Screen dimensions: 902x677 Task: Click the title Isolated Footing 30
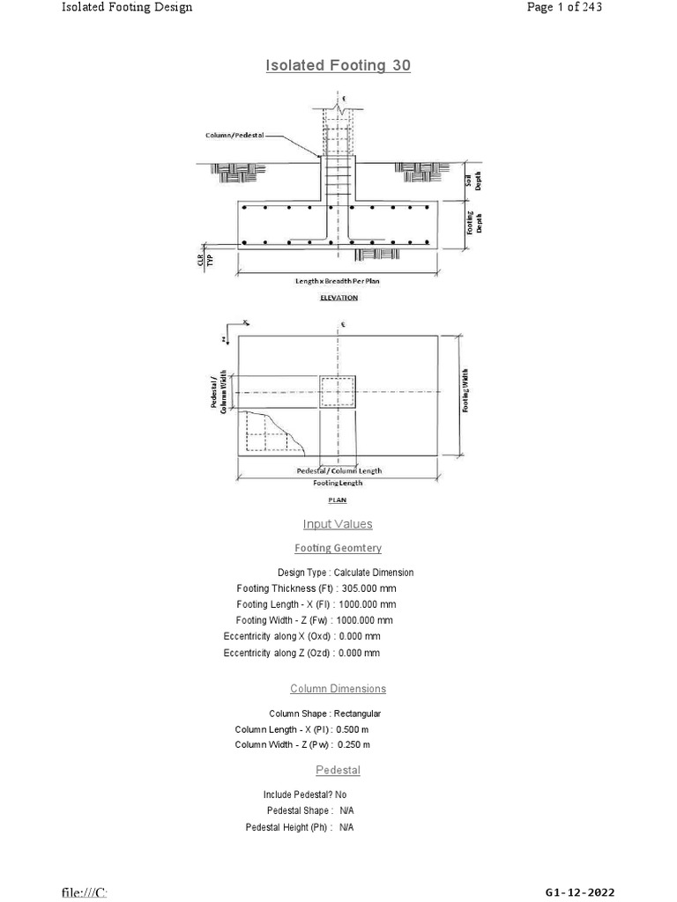338,65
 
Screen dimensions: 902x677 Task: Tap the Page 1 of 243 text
564,8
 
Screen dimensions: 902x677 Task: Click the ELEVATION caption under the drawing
338,298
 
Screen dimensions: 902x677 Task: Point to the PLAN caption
338,499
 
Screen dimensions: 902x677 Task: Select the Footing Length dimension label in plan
338,483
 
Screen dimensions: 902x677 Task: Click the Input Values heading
338,524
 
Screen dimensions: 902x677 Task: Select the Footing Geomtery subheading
338,548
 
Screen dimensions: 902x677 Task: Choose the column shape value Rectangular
357,713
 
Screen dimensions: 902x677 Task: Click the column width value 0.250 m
354,745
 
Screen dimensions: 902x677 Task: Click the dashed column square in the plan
338,391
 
